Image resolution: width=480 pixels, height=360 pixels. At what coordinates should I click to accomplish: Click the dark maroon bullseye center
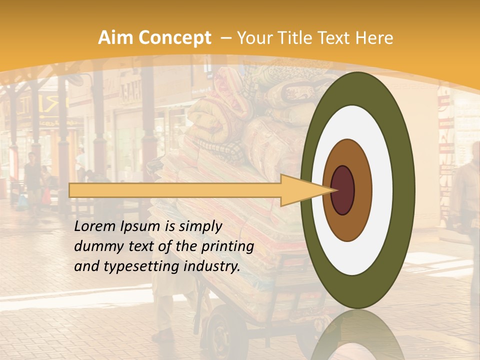click(x=343, y=190)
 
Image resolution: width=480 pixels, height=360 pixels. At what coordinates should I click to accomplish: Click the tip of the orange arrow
click(x=334, y=190)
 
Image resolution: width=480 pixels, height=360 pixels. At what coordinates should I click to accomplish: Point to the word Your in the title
click(x=253, y=38)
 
